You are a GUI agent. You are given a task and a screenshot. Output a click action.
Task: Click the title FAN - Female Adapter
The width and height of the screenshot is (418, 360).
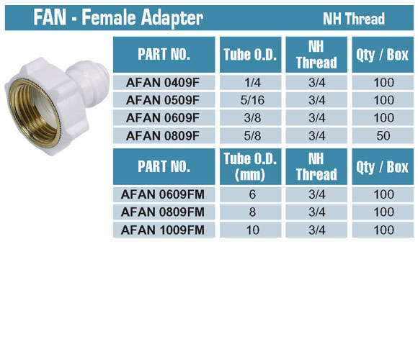[x=118, y=17]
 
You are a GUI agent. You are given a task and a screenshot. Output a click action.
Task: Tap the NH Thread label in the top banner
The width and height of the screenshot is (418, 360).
[x=353, y=19]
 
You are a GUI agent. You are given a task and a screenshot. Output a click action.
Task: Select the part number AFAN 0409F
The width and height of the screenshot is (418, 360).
[x=163, y=83]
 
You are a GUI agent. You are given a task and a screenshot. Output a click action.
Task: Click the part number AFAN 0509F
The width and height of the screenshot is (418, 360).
[x=163, y=100]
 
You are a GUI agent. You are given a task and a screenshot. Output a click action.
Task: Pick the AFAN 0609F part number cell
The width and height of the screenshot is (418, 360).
[x=163, y=117]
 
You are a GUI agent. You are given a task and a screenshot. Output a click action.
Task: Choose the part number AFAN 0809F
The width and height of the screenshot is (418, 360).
[x=163, y=136]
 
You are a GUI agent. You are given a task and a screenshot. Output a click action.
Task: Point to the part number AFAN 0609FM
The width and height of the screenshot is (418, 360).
[x=163, y=194]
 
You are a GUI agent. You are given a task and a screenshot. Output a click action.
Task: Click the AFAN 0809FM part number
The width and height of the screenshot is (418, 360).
[x=163, y=212]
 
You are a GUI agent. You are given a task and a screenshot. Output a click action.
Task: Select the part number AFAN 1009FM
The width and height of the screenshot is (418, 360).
[x=163, y=230]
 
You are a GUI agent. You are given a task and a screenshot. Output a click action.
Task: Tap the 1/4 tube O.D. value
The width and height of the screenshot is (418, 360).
[x=252, y=83]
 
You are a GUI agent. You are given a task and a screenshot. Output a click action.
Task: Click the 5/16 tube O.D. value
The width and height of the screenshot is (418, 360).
[x=252, y=100]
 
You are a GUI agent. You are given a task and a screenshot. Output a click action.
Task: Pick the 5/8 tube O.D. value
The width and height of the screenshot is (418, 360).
[x=252, y=136]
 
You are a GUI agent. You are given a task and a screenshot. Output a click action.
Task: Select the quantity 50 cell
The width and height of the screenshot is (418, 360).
[x=383, y=136]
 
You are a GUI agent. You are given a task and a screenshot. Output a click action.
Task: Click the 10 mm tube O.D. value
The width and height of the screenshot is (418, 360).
[x=252, y=230]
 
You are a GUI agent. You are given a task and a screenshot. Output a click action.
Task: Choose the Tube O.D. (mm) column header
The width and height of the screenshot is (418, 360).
[x=250, y=167]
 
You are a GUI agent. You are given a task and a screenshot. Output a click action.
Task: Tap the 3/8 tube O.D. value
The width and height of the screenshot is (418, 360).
[x=252, y=117]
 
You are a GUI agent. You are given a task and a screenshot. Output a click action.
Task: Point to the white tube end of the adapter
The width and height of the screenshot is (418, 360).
[x=91, y=80]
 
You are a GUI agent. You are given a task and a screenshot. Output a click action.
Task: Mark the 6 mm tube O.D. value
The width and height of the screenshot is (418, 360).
[x=252, y=194]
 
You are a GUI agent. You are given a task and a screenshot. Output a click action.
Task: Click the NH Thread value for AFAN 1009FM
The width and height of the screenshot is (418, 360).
[x=317, y=230]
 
